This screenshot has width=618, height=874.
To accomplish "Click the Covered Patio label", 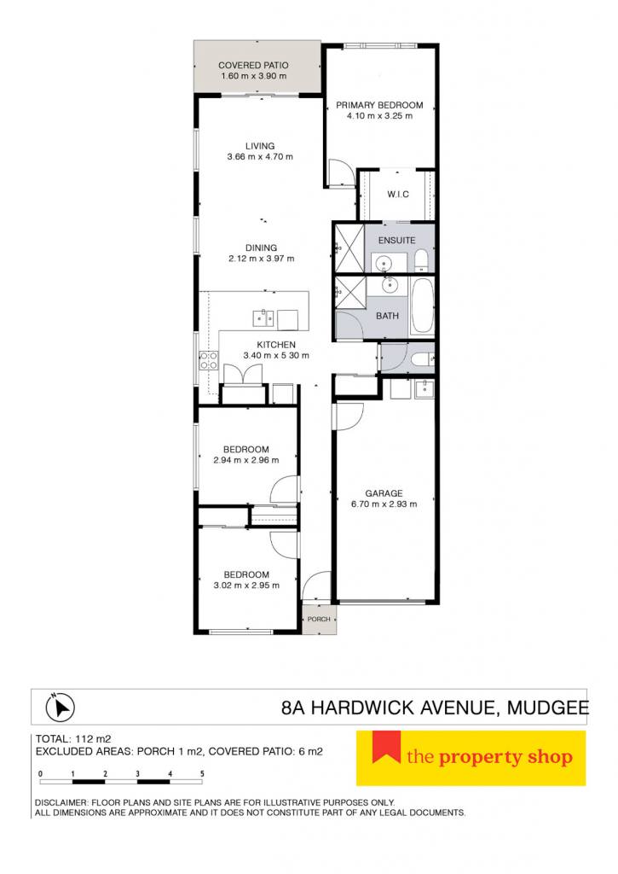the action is click(253, 65).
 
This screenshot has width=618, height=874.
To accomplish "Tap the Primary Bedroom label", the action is click(379, 105).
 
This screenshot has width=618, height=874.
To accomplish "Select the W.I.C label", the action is click(398, 194).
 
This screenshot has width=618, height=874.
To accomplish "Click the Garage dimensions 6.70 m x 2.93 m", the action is click(384, 504).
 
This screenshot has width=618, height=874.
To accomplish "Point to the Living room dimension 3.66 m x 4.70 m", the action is click(260, 157).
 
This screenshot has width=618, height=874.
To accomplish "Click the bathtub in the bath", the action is click(422, 306).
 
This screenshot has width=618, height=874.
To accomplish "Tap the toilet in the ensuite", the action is click(421, 260).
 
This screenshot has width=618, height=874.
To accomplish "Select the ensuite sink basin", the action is click(383, 261).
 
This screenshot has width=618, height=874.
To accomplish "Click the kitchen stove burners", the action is click(209, 360).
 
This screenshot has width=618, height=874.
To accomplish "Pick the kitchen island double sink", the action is click(263, 318).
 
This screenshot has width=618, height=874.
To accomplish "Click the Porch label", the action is click(319, 619).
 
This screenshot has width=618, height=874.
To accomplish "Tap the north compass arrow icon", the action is click(61, 708).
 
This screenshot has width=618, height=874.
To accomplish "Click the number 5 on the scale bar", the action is click(202, 773).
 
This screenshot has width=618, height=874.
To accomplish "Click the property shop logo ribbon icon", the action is click(386, 747).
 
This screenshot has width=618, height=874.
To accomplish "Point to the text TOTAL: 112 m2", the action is click(73, 739).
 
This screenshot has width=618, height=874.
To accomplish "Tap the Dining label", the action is click(261, 248).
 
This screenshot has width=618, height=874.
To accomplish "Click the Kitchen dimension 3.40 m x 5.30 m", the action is click(276, 355).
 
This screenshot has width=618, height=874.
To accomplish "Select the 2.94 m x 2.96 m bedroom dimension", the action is click(246, 460).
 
